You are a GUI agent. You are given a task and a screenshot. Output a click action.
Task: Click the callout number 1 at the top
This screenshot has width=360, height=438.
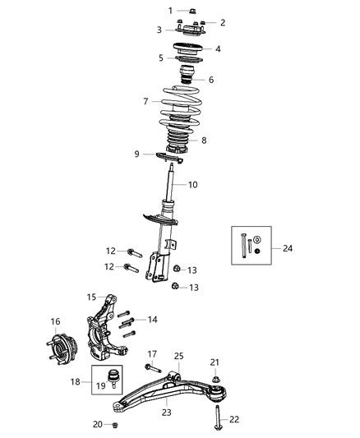pyautogui.click(x=171, y=11)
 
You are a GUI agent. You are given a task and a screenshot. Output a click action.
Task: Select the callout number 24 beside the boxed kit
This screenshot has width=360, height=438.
pyautogui.click(x=287, y=248)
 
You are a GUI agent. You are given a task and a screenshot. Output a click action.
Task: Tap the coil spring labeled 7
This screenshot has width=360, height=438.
pyautogui.click(x=179, y=104)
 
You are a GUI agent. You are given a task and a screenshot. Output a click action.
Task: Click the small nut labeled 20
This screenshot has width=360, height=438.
pyautogui.click(x=115, y=425)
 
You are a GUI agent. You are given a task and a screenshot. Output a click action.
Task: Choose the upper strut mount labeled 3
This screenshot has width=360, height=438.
pyautogui.click(x=187, y=30)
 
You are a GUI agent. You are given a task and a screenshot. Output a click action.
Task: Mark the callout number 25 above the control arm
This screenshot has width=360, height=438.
pyautogui.click(x=179, y=356)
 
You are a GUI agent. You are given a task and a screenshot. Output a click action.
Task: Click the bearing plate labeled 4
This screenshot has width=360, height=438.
pyautogui.click(x=187, y=48)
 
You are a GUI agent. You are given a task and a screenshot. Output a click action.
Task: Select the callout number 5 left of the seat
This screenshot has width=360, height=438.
pyautogui.click(x=161, y=58)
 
